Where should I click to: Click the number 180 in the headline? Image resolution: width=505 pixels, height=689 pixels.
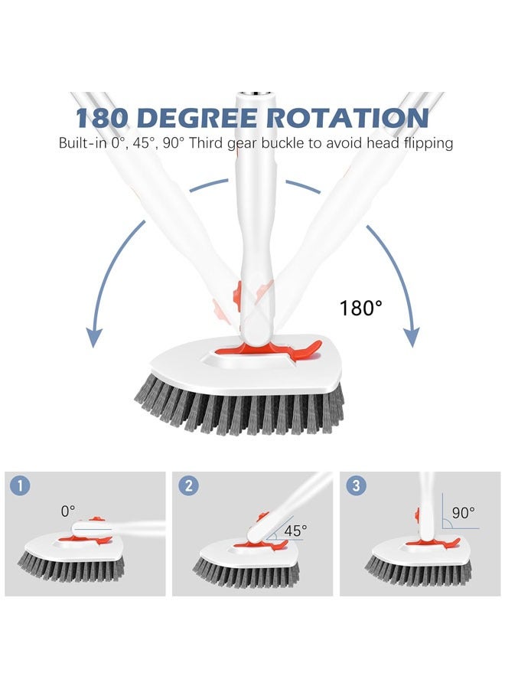coord(106,117)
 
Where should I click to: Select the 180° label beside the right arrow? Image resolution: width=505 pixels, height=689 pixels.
coord(361,309)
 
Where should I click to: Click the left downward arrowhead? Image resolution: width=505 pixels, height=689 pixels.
coord(94,336)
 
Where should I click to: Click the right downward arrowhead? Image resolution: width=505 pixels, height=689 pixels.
coord(412,336)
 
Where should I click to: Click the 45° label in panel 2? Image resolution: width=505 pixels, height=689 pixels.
coord(295,529)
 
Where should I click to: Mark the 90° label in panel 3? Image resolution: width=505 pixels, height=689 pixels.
coord(463,512)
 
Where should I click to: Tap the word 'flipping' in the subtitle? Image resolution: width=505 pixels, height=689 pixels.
coord(425,143)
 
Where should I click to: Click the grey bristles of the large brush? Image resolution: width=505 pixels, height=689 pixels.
coord(237,410)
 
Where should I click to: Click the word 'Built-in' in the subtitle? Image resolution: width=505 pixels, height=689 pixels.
coord(81,143)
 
